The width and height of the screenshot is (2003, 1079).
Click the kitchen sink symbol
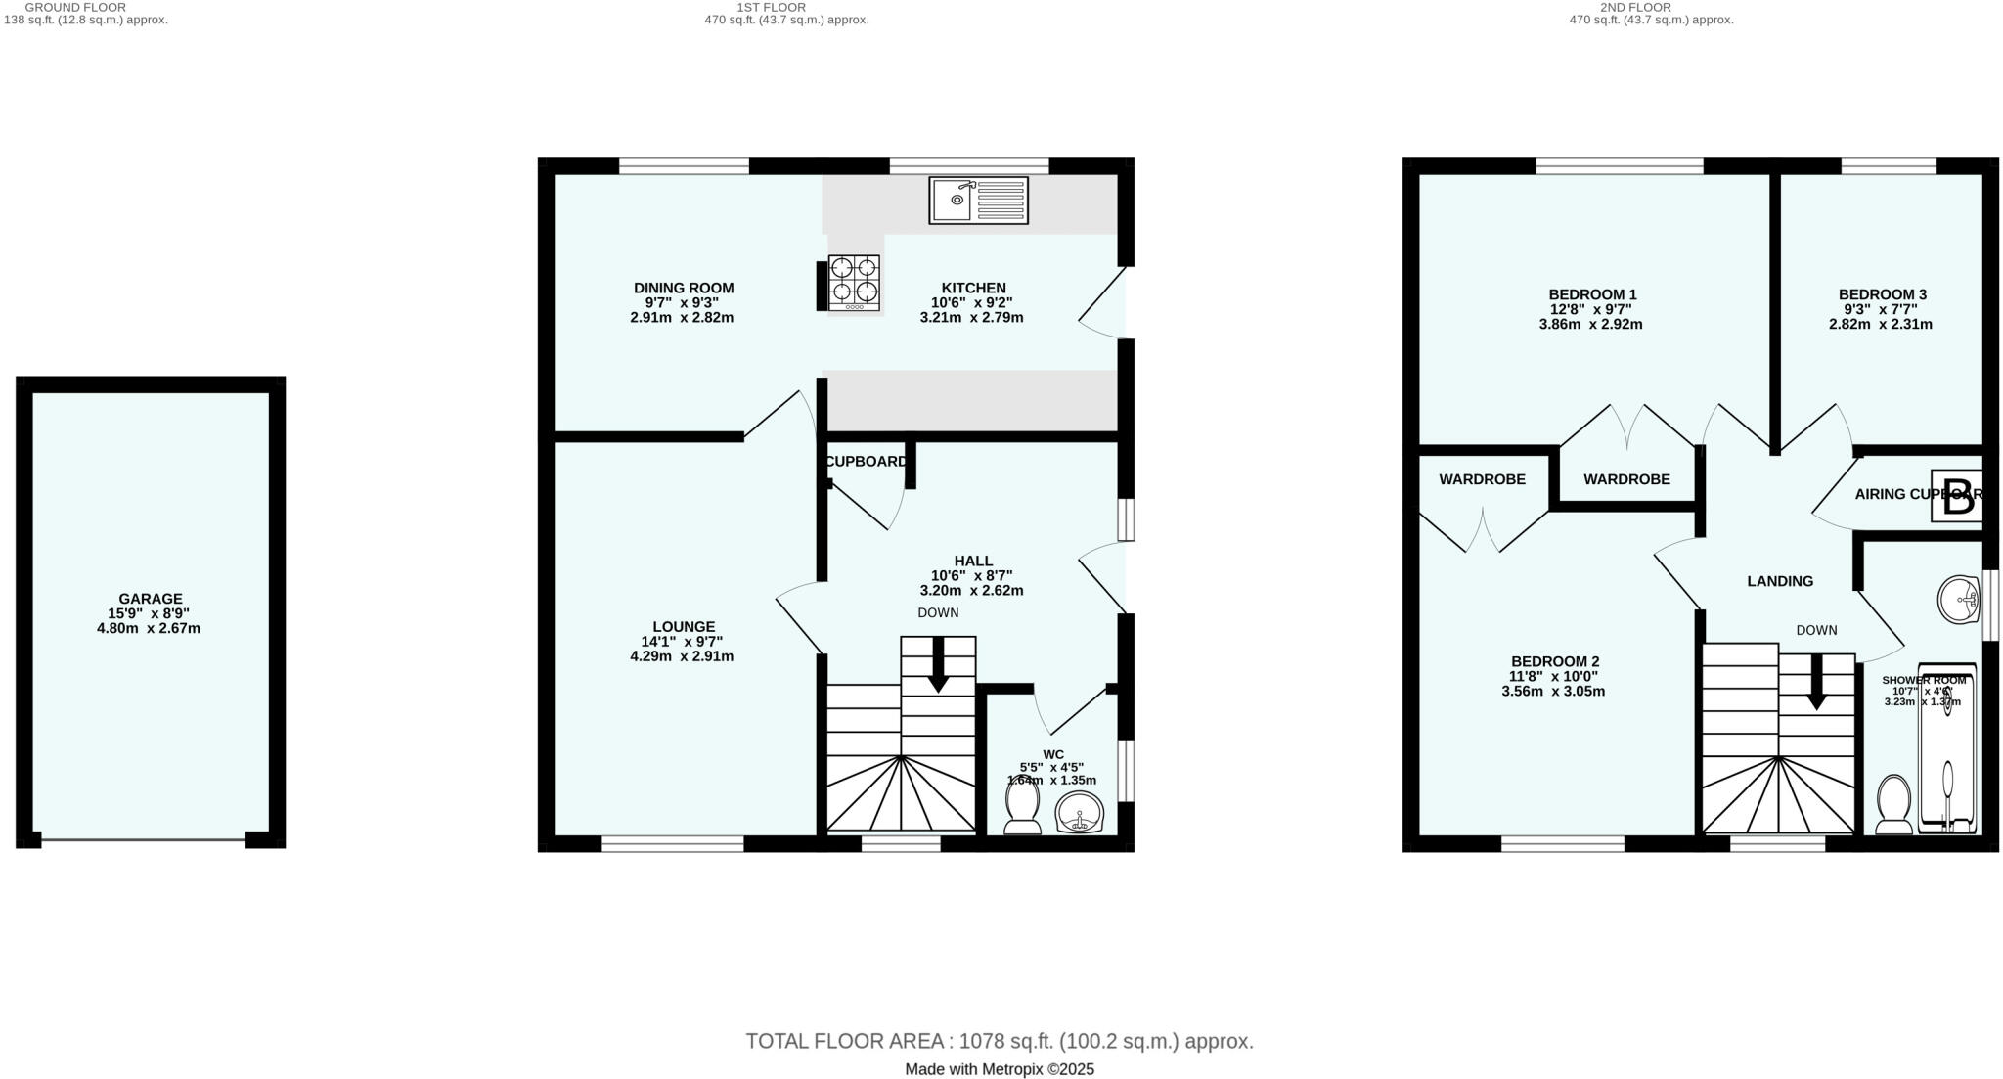[x=978, y=201]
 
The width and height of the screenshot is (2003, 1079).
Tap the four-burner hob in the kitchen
[x=854, y=283]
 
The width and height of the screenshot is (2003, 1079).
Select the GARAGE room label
[x=151, y=599]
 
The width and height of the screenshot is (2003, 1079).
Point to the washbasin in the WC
[x=1080, y=812]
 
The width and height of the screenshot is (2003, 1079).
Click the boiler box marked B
[x=1957, y=499]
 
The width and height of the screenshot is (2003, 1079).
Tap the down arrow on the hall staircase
[x=938, y=665]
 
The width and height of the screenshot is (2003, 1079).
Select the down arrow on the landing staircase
[x=1816, y=682]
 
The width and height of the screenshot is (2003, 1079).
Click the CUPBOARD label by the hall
[x=867, y=462]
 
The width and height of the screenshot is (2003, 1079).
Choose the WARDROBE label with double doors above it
[x=1626, y=479]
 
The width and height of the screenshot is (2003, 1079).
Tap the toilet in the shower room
[x=1894, y=804]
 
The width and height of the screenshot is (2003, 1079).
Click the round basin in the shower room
[x=1960, y=599]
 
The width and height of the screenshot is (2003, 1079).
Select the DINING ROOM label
[x=684, y=288]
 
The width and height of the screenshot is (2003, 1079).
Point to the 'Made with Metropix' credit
[x=1000, y=1069]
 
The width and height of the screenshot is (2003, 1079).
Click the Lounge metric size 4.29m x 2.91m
[x=682, y=656]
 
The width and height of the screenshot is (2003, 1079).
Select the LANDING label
[x=1780, y=581]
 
